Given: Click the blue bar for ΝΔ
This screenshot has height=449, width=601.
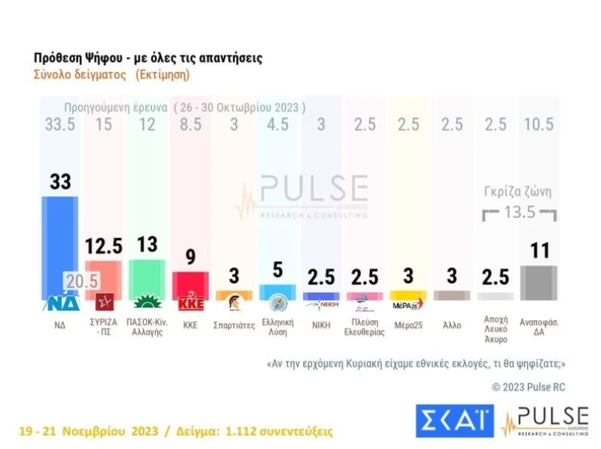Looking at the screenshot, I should point(60,239).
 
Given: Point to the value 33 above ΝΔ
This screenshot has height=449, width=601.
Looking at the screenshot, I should point(60,181).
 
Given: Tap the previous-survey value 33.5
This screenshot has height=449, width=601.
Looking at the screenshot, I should point(60,125).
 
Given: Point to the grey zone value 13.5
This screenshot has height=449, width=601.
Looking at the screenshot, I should point(519,212).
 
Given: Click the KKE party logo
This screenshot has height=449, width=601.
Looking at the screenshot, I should point(190,304).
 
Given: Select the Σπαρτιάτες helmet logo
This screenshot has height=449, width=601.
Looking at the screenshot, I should point(234,304).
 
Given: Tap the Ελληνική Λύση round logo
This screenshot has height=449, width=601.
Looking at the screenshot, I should point(277,304).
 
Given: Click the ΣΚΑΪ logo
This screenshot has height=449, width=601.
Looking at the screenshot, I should point(454,421).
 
